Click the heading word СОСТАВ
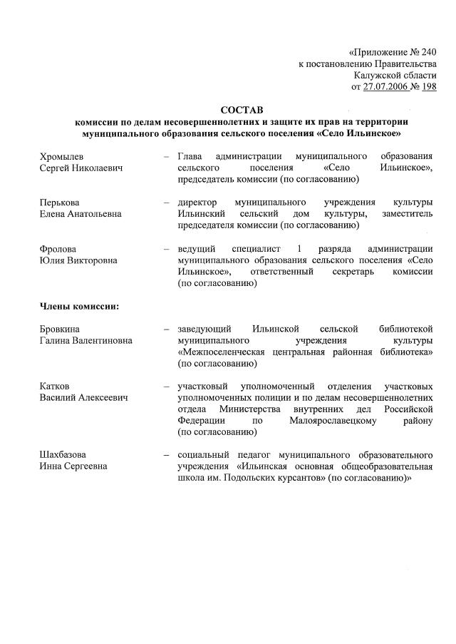tap(242, 110)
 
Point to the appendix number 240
tap(426, 52)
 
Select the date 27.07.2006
tap(388, 86)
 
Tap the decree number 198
tap(429, 86)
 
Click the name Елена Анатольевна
tap(81, 213)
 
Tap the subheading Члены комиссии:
tap(78, 306)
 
